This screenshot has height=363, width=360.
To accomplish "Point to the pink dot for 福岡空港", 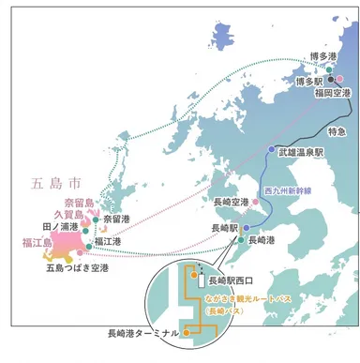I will (340, 79).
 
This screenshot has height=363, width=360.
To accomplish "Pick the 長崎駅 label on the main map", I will (224, 228).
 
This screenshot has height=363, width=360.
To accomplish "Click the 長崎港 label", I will (261, 241).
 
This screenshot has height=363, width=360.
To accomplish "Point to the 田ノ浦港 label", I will (58, 227).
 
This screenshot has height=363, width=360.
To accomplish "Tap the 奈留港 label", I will (117, 219).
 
